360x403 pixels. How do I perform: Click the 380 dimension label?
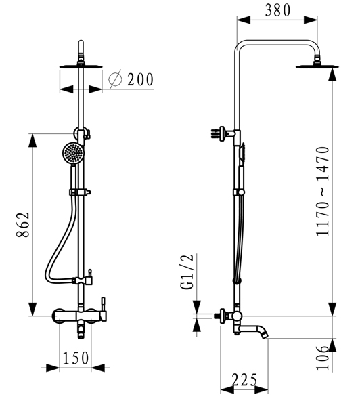click(277, 11)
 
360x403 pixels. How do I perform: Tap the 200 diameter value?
click(140, 79)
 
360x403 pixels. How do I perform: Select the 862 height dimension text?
click(23, 225)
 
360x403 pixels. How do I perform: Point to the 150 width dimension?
click(76, 358)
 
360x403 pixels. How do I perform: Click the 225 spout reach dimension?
click(244, 379)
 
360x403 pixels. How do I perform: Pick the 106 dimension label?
click(322, 358)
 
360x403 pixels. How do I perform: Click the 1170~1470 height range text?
click(322, 191)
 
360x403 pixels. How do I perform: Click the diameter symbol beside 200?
click(115, 79)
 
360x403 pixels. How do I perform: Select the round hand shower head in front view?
click(73, 154)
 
